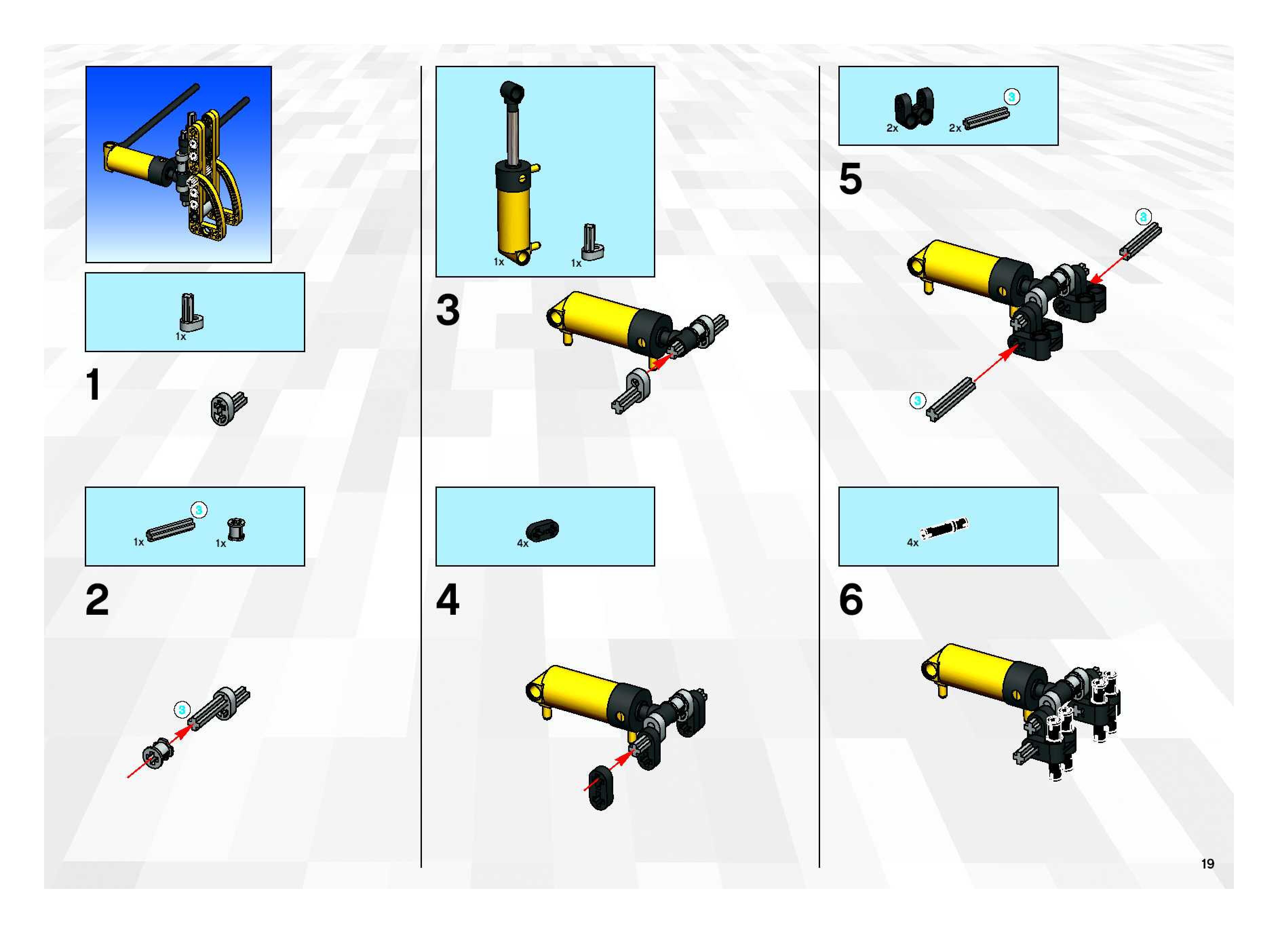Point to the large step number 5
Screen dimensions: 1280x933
[850, 179]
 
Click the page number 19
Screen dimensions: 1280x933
[1207, 864]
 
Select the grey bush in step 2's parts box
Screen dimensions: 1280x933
[236, 529]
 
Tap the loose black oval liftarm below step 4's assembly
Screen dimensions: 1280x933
[601, 787]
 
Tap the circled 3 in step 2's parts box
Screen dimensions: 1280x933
[199, 510]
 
